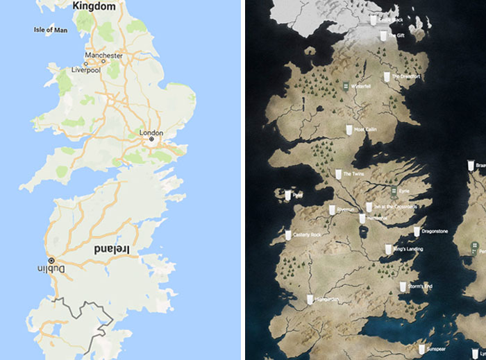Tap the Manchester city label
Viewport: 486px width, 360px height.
point(103,55)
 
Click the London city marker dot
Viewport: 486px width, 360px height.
point(150,139)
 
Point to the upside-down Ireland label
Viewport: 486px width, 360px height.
point(117,248)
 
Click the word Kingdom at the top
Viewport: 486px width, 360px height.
point(93,6)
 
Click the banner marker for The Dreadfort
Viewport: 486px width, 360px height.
point(387,76)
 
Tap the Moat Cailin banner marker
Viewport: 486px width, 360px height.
point(349,129)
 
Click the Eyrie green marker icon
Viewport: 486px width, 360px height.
point(393,189)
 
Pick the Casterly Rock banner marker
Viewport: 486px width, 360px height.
point(288,235)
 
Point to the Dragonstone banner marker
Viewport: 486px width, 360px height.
point(417,231)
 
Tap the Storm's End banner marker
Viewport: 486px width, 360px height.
point(403,286)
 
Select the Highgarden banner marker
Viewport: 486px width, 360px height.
point(310,299)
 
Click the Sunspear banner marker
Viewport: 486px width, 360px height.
point(422,348)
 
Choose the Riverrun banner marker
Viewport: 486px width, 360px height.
point(331,209)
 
